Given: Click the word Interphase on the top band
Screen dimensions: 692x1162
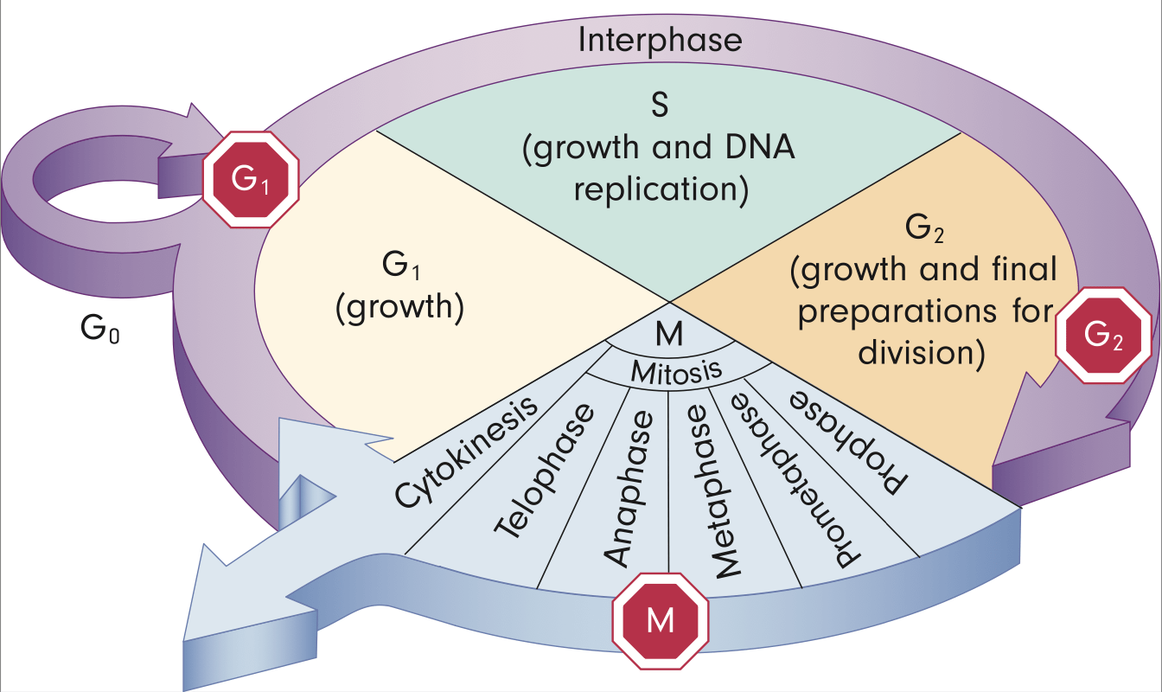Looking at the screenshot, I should coord(660,41).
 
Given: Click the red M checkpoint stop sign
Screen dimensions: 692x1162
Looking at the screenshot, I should coord(660,620).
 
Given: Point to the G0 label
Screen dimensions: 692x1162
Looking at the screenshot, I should coord(97,330).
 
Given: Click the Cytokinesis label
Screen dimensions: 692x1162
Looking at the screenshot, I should coord(464,454).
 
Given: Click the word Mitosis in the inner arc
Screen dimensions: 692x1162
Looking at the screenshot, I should coord(664,372).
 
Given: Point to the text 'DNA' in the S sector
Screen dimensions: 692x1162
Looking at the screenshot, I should coord(764,151).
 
